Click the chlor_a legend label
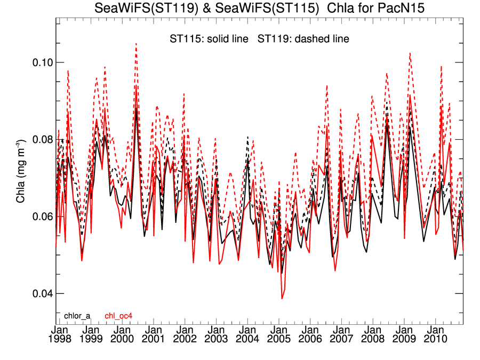click(x=77, y=316)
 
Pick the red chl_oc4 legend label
click(x=118, y=316)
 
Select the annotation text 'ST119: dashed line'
click(x=303, y=39)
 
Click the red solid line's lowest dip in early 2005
click(x=282, y=298)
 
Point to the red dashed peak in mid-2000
click(x=136, y=44)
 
